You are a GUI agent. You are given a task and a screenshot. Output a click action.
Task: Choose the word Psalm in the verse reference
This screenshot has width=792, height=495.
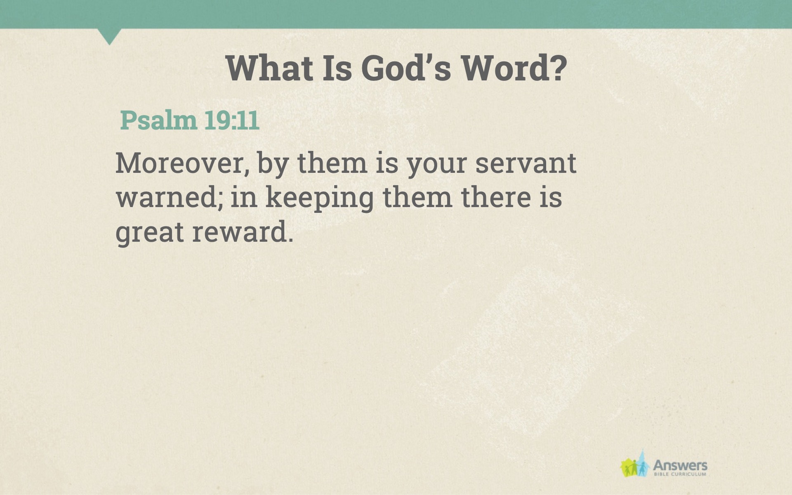click(x=158, y=120)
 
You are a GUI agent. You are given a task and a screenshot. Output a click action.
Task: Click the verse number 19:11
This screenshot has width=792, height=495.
click(x=232, y=120)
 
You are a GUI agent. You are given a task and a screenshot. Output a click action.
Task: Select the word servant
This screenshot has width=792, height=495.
click(x=526, y=164)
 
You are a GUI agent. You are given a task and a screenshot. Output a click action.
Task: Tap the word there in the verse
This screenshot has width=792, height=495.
click(x=495, y=197)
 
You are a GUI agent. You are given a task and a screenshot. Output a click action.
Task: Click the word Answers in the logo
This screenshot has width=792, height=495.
click(x=680, y=466)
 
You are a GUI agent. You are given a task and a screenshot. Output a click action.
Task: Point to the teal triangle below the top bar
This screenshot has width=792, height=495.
click(x=109, y=35)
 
